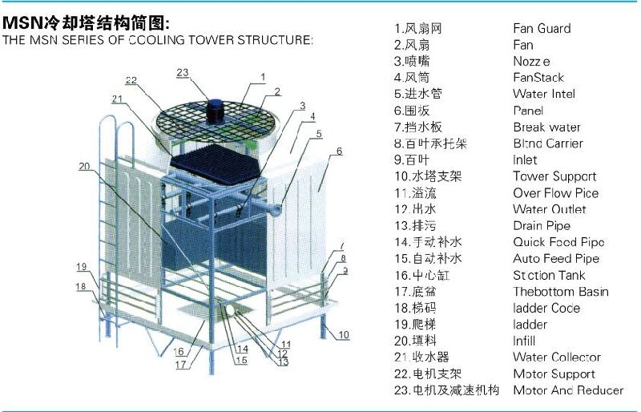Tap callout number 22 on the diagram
[131, 80]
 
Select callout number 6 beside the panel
[339, 151]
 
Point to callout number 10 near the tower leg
[344, 334]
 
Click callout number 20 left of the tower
[84, 167]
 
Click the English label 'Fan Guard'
[542, 28]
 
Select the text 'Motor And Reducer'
[568, 390]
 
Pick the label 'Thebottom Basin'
[561, 292]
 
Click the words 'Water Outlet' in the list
[550, 209]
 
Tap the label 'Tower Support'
[554, 176]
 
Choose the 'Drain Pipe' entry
[542, 226]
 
